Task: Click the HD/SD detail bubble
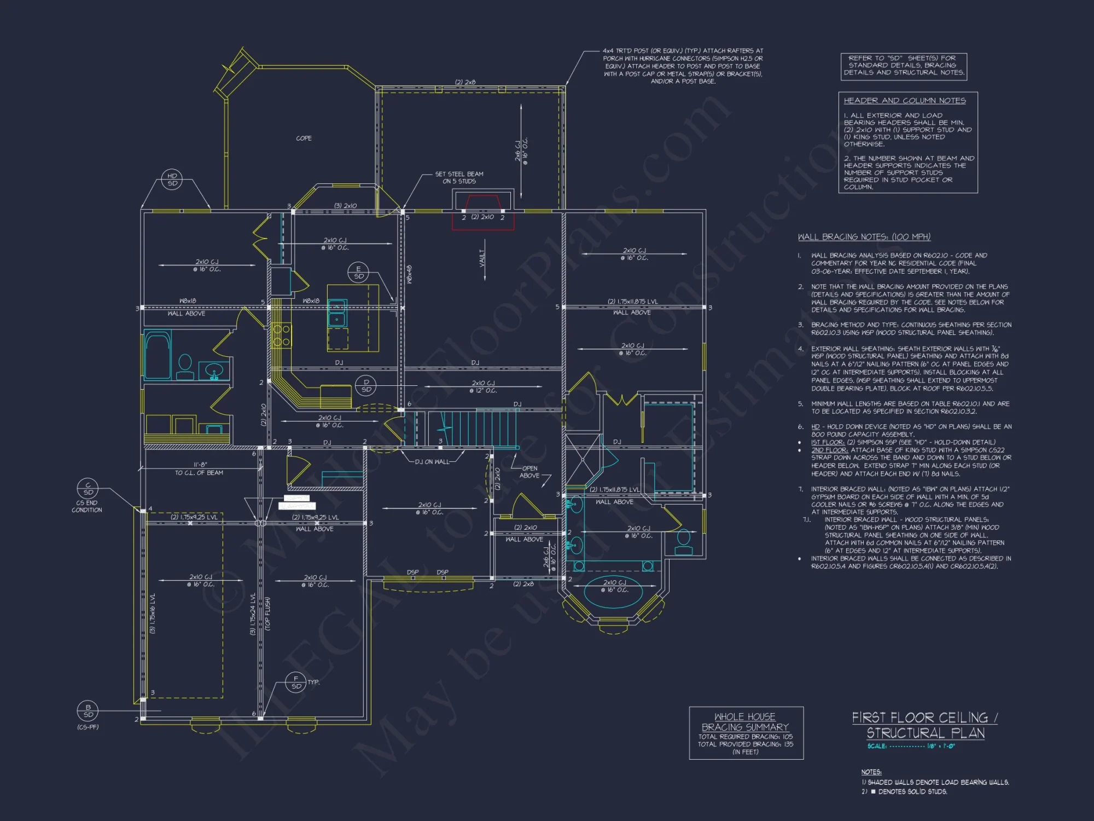tap(172, 180)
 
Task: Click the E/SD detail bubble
tap(358, 273)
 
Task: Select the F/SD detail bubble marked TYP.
tap(296, 683)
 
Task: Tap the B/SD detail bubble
tap(88, 711)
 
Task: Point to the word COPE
tap(304, 138)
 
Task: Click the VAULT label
tap(482, 258)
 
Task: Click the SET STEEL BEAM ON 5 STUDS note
tap(459, 177)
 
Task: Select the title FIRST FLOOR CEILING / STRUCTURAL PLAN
tap(925, 725)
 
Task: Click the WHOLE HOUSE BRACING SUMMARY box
tap(746, 733)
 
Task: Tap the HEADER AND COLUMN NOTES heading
tap(904, 101)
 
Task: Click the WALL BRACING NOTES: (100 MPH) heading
tap(864, 237)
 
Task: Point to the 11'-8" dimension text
tap(200, 465)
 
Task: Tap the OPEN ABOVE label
tap(529, 472)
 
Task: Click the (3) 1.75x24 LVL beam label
tap(253, 614)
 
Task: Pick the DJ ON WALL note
tap(432, 461)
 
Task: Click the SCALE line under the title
tap(911, 746)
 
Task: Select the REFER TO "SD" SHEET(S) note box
tap(904, 66)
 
